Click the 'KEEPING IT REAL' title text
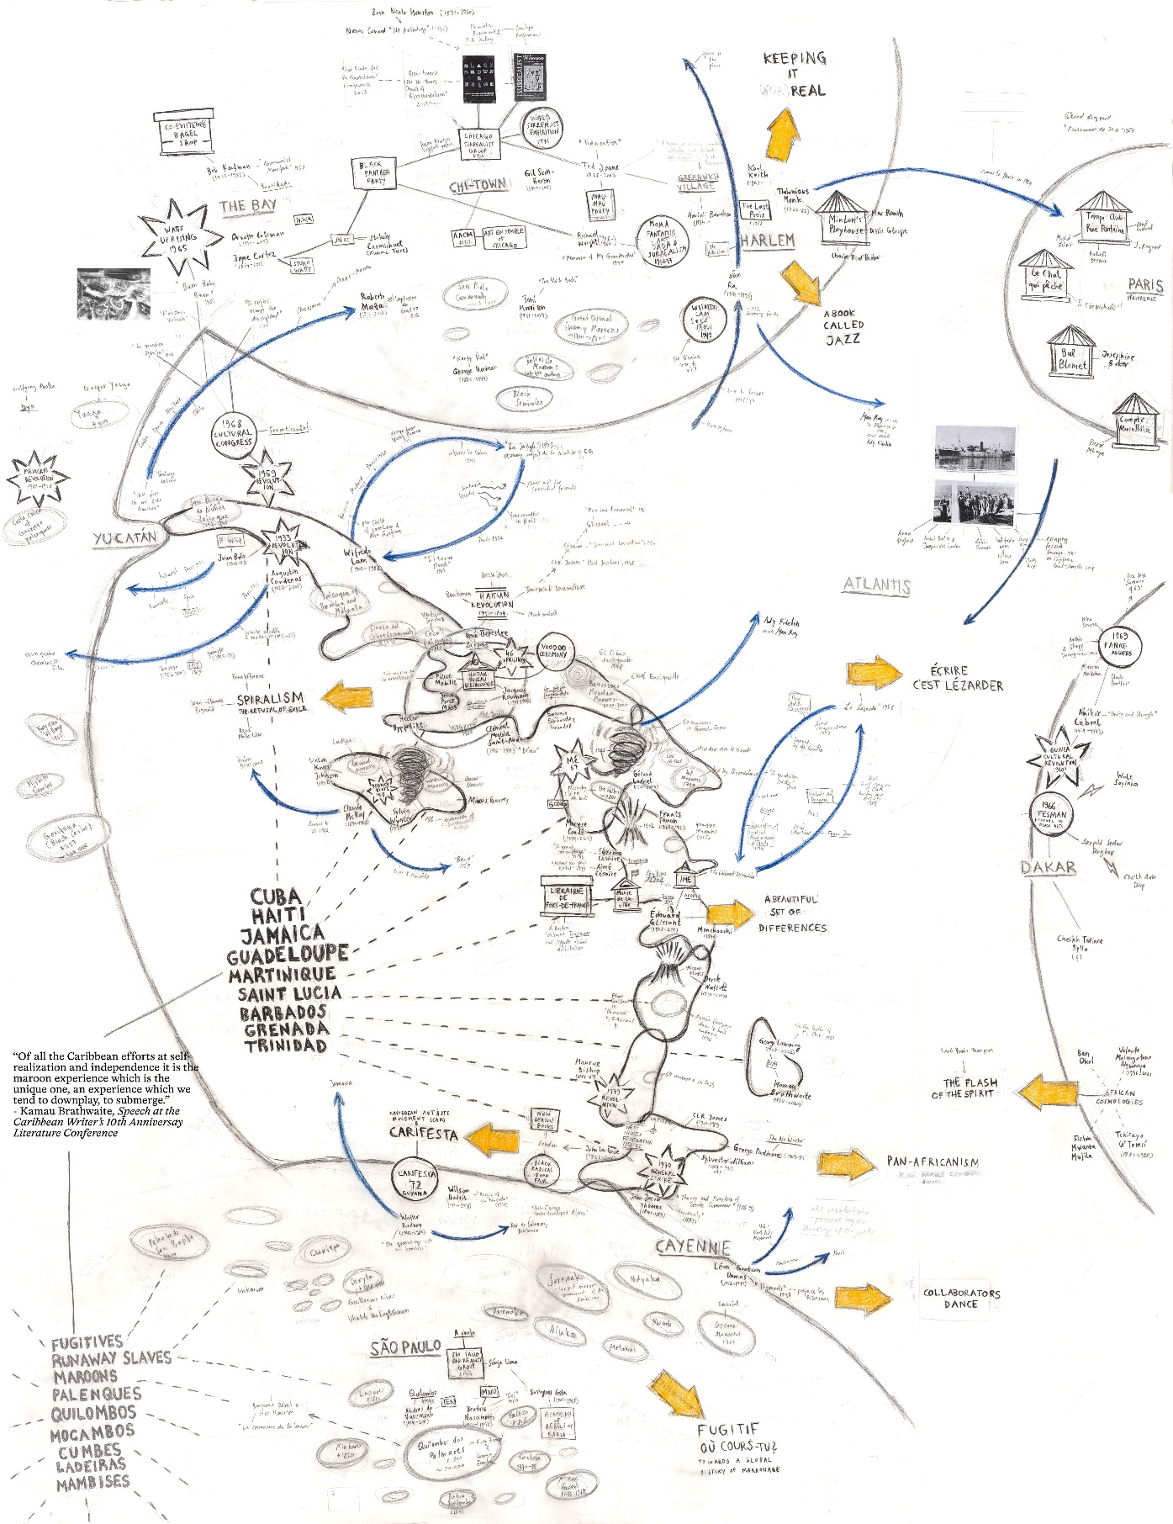point(794,74)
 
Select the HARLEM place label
point(768,241)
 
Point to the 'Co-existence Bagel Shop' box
point(184,134)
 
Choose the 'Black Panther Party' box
point(374,173)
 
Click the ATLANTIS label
point(877,585)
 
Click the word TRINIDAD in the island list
point(286,1046)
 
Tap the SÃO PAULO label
point(406,1348)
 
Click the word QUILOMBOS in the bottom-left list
point(93,1413)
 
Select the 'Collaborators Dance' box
point(960,1299)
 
